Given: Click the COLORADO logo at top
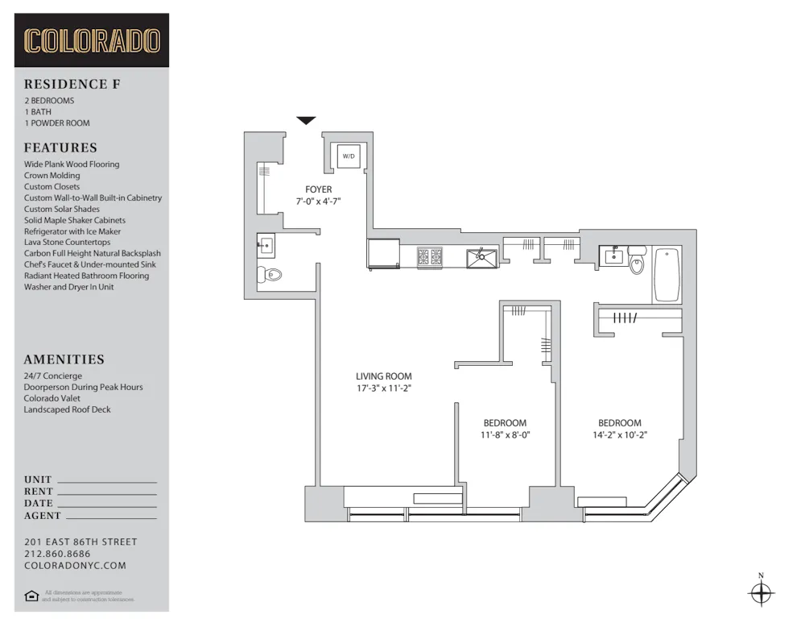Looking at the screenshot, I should tap(92, 40).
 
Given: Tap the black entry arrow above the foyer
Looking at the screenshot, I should tap(306, 121).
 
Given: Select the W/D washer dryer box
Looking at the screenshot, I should tap(349, 156).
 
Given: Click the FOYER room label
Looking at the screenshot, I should tap(318, 189).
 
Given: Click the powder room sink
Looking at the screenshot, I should tap(265, 243).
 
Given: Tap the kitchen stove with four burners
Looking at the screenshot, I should tap(431, 258).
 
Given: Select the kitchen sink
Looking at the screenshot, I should tap(481, 258).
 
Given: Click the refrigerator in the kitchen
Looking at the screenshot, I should tap(384, 255).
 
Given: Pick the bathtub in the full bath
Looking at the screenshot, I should tap(667, 275).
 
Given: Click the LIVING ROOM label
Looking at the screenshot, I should tap(384, 376).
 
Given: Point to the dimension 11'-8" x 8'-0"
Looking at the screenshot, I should tap(505, 434).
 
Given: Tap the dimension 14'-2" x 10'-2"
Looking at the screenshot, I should tap(620, 434).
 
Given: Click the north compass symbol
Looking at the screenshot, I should tap(761, 594).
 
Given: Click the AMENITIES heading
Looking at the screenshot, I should tap(64, 359).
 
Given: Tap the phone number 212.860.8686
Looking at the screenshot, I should tap(57, 554).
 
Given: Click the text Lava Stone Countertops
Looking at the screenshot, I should tap(68, 242).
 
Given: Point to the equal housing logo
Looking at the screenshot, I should tap(31, 596).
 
